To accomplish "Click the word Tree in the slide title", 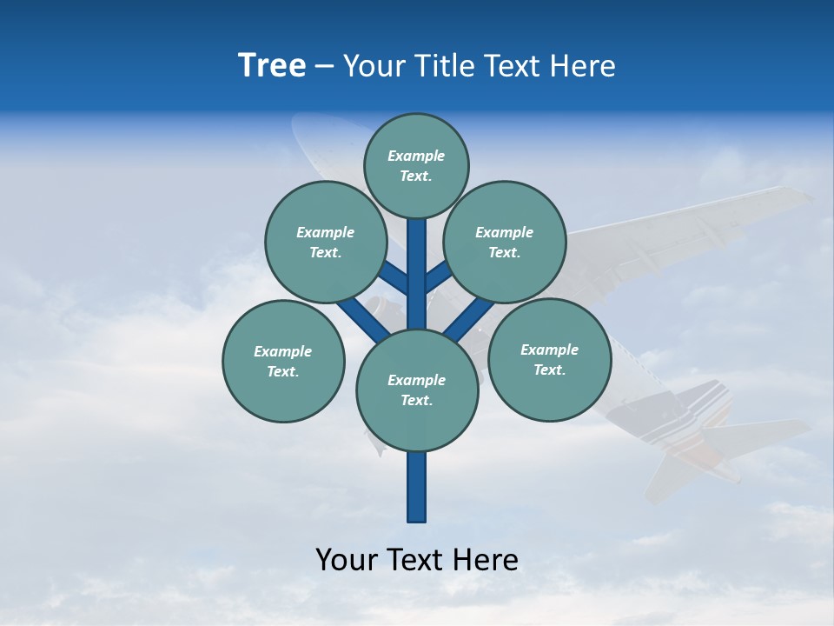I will (272, 66).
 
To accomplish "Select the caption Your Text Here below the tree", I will (416, 560).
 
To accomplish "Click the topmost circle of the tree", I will (416, 165).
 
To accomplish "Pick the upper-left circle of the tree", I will (326, 242).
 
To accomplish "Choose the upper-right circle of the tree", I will (505, 242).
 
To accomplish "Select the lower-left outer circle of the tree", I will (283, 361).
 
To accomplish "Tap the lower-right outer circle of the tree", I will (549, 359).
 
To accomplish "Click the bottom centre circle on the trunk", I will (417, 390).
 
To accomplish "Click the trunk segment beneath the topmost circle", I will (417, 261).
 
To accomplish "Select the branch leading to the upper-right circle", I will (439, 278).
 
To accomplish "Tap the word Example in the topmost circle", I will (416, 156).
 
